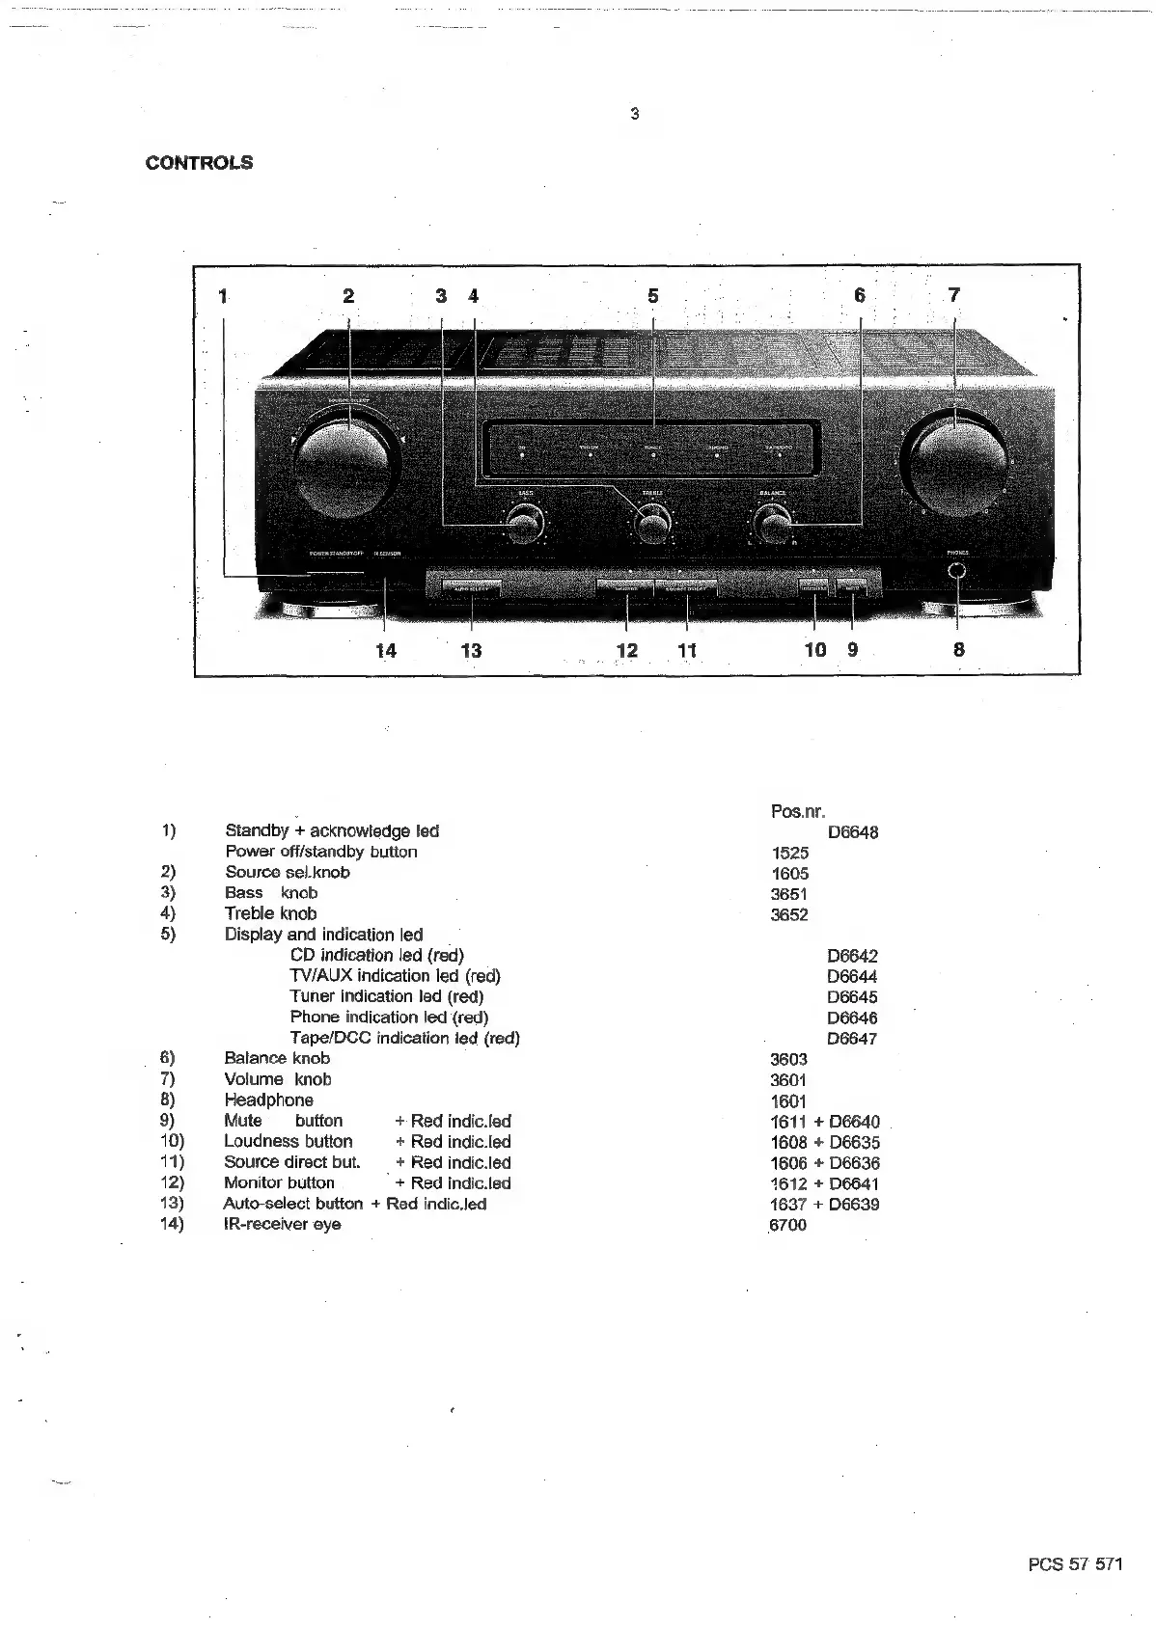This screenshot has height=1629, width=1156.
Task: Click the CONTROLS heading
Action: (199, 163)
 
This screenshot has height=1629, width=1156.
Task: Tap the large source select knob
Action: (347, 467)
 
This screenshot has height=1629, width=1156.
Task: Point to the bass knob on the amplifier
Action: (522, 526)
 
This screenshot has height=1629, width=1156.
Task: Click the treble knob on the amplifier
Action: (651, 526)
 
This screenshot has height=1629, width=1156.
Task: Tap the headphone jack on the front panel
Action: (956, 571)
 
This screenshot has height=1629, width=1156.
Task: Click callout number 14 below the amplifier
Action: (386, 651)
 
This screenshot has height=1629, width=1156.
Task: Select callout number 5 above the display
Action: (653, 296)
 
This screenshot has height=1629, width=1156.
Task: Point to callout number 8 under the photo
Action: (958, 650)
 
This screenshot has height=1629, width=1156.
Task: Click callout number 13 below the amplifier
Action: (471, 651)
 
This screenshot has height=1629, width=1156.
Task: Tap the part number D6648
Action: (853, 832)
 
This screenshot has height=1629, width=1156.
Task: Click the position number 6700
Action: (788, 1225)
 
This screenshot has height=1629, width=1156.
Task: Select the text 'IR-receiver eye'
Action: (282, 1225)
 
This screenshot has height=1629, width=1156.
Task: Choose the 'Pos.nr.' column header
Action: (798, 811)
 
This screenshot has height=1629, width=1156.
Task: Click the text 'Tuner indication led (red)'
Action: (386, 996)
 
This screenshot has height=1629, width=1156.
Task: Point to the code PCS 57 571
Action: (1075, 1565)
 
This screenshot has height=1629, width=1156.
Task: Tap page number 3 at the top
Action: (634, 115)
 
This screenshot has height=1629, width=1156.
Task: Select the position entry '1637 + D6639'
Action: (825, 1205)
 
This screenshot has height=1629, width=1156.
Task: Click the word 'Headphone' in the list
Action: (269, 1100)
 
